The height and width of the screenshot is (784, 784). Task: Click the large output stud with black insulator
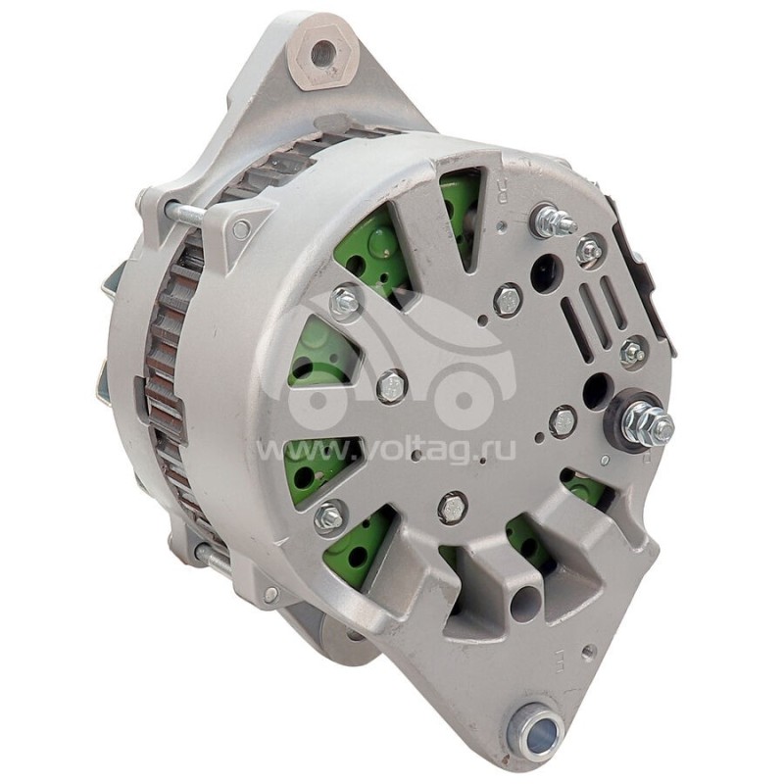pos(648,423)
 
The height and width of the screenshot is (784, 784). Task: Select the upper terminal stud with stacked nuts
pos(552,222)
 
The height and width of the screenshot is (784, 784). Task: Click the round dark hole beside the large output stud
pos(594,392)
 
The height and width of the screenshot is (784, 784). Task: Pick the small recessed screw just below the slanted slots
pos(633,352)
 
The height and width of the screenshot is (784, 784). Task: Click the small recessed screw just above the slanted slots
pos(589,251)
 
